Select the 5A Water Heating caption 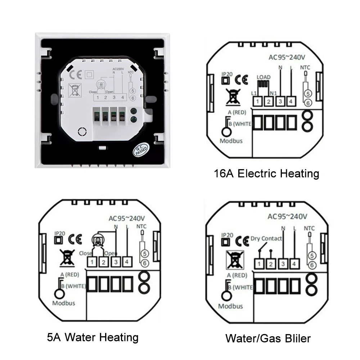93,337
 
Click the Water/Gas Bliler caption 268,338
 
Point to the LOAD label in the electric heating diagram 263,77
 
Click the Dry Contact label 266,238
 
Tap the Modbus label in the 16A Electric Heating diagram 231,140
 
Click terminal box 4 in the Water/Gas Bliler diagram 294,264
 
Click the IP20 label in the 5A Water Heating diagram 59,233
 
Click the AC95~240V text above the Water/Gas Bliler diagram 288,217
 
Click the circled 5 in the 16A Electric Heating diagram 307,93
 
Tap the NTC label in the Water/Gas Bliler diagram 309,228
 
